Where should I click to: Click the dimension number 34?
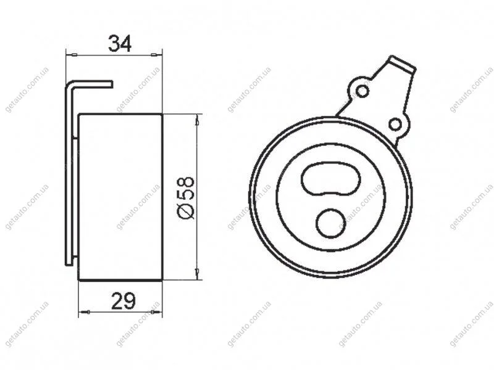(x=119, y=43)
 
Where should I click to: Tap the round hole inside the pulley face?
(x=331, y=223)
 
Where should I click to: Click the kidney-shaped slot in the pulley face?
(x=331, y=179)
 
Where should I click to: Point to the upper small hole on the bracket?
(x=362, y=91)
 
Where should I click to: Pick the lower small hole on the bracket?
(x=395, y=125)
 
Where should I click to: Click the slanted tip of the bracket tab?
(x=403, y=64)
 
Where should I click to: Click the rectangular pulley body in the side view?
(x=120, y=197)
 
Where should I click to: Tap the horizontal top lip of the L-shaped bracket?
(x=91, y=83)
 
